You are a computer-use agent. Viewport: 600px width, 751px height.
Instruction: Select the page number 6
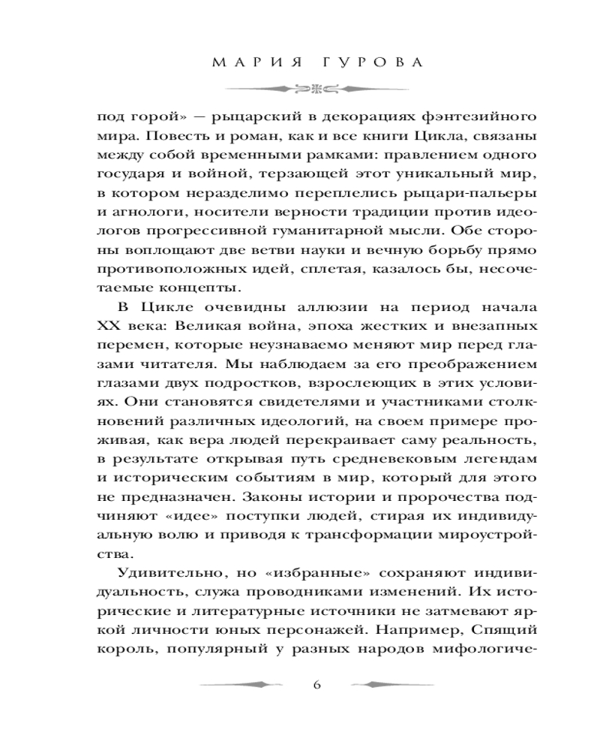click(x=316, y=684)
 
